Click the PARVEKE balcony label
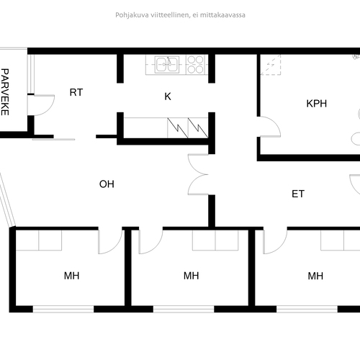(5, 92)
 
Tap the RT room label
(76, 92)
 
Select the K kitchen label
(168, 96)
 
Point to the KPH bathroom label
(317, 104)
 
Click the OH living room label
(107, 184)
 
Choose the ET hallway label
(298, 194)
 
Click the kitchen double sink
(167, 64)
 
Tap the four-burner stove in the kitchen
(196, 64)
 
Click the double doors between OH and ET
(197, 174)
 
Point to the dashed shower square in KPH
(271, 65)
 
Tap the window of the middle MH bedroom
(184, 309)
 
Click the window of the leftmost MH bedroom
(63, 309)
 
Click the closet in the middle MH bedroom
(215, 240)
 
